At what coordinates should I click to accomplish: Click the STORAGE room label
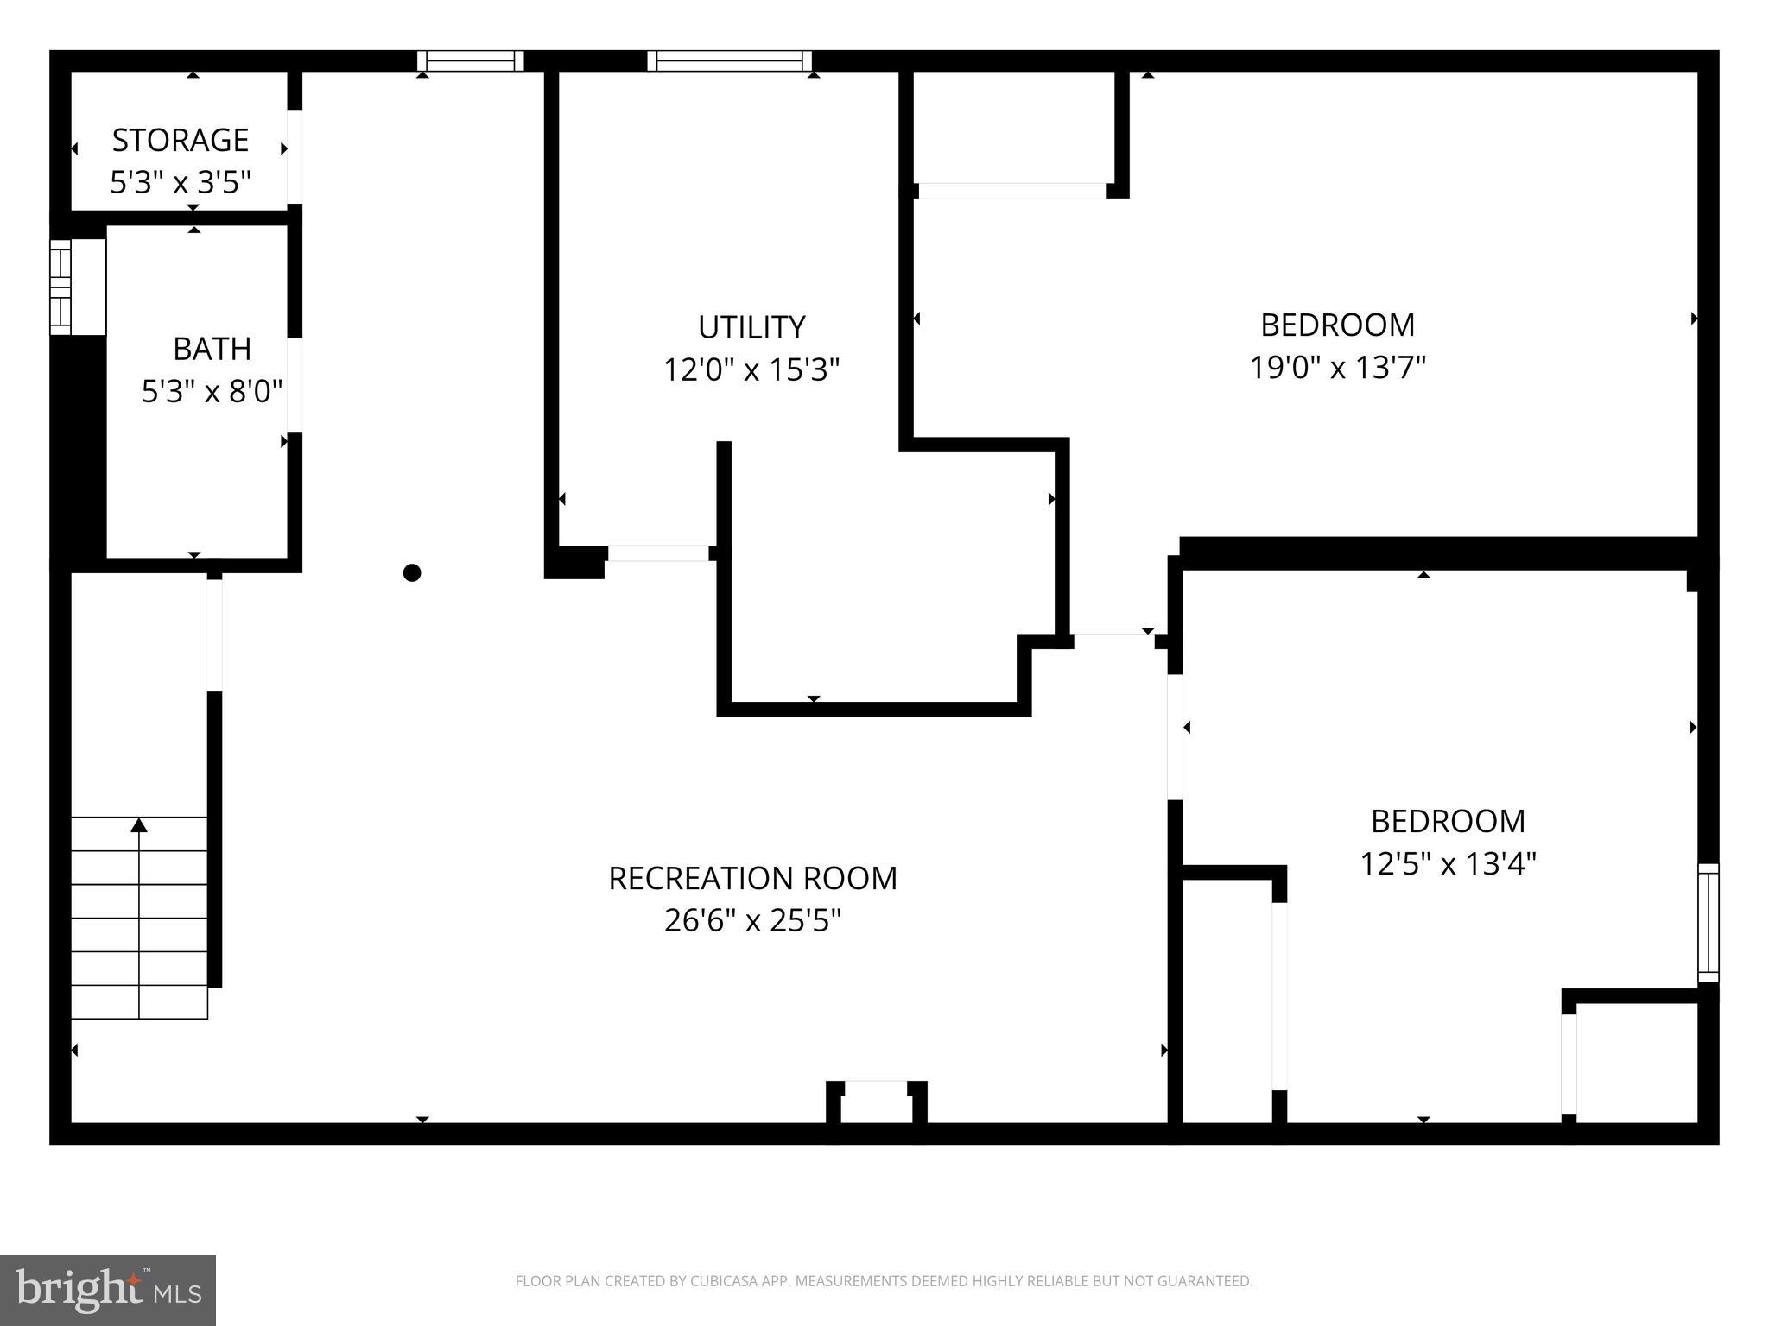[181, 140]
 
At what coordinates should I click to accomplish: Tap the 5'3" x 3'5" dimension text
[181, 182]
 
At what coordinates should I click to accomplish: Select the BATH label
[212, 349]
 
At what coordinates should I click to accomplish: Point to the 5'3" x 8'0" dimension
[212, 392]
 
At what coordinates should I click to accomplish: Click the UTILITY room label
[751, 327]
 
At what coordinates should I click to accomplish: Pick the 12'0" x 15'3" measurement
[751, 370]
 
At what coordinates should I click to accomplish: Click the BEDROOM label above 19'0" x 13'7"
[1337, 325]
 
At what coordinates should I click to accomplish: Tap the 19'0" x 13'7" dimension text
[1337, 368]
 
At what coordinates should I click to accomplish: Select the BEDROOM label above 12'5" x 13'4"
[1448, 821]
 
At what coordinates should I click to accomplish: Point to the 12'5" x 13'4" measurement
[1448, 863]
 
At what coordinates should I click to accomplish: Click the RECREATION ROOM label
[752, 878]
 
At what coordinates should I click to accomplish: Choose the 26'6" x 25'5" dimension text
[752, 921]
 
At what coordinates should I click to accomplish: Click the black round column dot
[412, 572]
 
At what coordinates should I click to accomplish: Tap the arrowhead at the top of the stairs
[139, 825]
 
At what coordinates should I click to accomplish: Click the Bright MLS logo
[108, 1290]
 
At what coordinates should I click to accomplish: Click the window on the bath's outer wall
[60, 287]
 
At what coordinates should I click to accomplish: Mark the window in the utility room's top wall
[730, 60]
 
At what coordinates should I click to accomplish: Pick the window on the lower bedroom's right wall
[1708, 922]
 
